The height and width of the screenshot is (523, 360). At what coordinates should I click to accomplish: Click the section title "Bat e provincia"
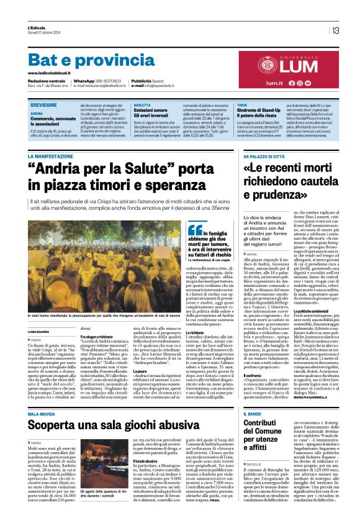(91, 61)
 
